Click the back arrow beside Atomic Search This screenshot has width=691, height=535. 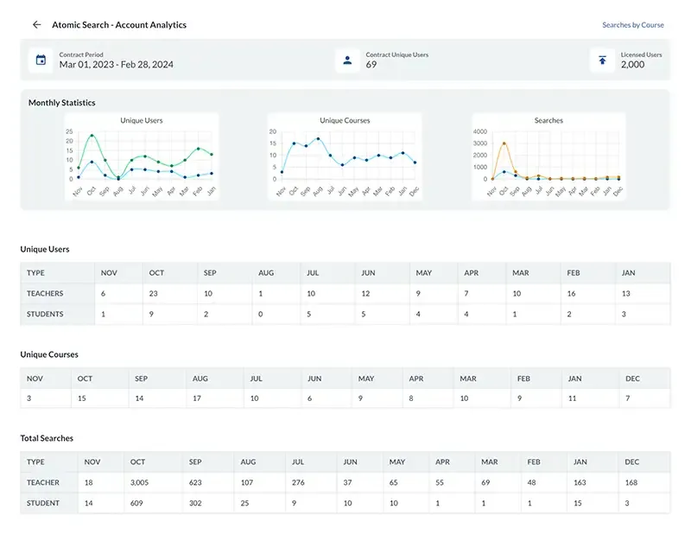tap(36, 25)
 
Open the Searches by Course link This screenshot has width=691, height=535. tap(632, 25)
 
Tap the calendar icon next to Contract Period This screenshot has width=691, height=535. tap(41, 61)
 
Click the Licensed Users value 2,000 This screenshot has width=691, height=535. tap(632, 65)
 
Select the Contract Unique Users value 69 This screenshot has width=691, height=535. tap(371, 65)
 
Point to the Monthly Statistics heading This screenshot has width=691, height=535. tap(62, 103)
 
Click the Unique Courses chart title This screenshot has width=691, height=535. tap(345, 121)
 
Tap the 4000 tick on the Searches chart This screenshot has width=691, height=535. tap(481, 131)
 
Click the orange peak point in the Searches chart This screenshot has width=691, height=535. tap(504, 143)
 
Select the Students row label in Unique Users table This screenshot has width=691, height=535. tap(45, 315)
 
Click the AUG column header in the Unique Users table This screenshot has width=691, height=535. tap(266, 273)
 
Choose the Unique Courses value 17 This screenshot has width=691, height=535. tap(197, 399)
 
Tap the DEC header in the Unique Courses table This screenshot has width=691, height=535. tap(633, 379)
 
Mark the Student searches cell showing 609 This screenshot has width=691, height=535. tap(136, 503)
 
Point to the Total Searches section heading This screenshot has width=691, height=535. tap(47, 438)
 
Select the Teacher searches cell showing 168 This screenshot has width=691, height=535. tap(633, 482)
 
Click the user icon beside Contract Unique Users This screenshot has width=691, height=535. tap(347, 61)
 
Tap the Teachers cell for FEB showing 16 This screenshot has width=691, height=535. tap(572, 294)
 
